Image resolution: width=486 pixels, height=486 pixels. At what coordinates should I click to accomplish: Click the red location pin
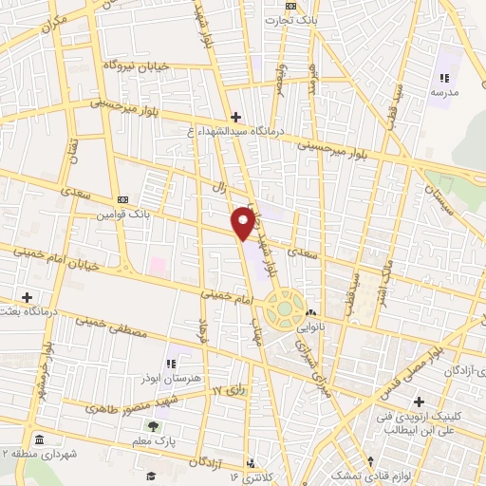click(243, 222)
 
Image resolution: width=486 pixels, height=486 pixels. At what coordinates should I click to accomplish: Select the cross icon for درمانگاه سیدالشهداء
click(235, 117)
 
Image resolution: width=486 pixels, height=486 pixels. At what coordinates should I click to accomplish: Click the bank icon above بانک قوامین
click(122, 199)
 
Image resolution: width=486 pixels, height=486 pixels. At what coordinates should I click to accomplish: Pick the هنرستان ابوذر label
click(170, 377)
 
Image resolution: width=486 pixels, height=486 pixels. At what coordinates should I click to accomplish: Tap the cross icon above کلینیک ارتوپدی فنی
click(419, 402)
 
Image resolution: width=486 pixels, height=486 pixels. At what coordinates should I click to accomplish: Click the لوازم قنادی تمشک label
click(355, 472)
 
